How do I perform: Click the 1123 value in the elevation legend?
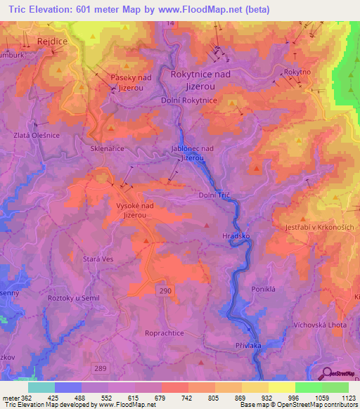tap(349, 398)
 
